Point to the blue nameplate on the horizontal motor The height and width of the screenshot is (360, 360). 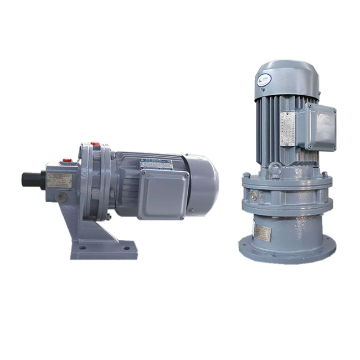pyautogui.click(x=156, y=161)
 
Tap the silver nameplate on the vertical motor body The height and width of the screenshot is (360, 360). pyautogui.click(x=287, y=128)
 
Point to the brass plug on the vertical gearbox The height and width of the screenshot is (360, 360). pyautogui.click(x=254, y=196)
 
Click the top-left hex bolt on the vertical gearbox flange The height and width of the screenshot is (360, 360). pyautogui.click(x=245, y=176)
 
